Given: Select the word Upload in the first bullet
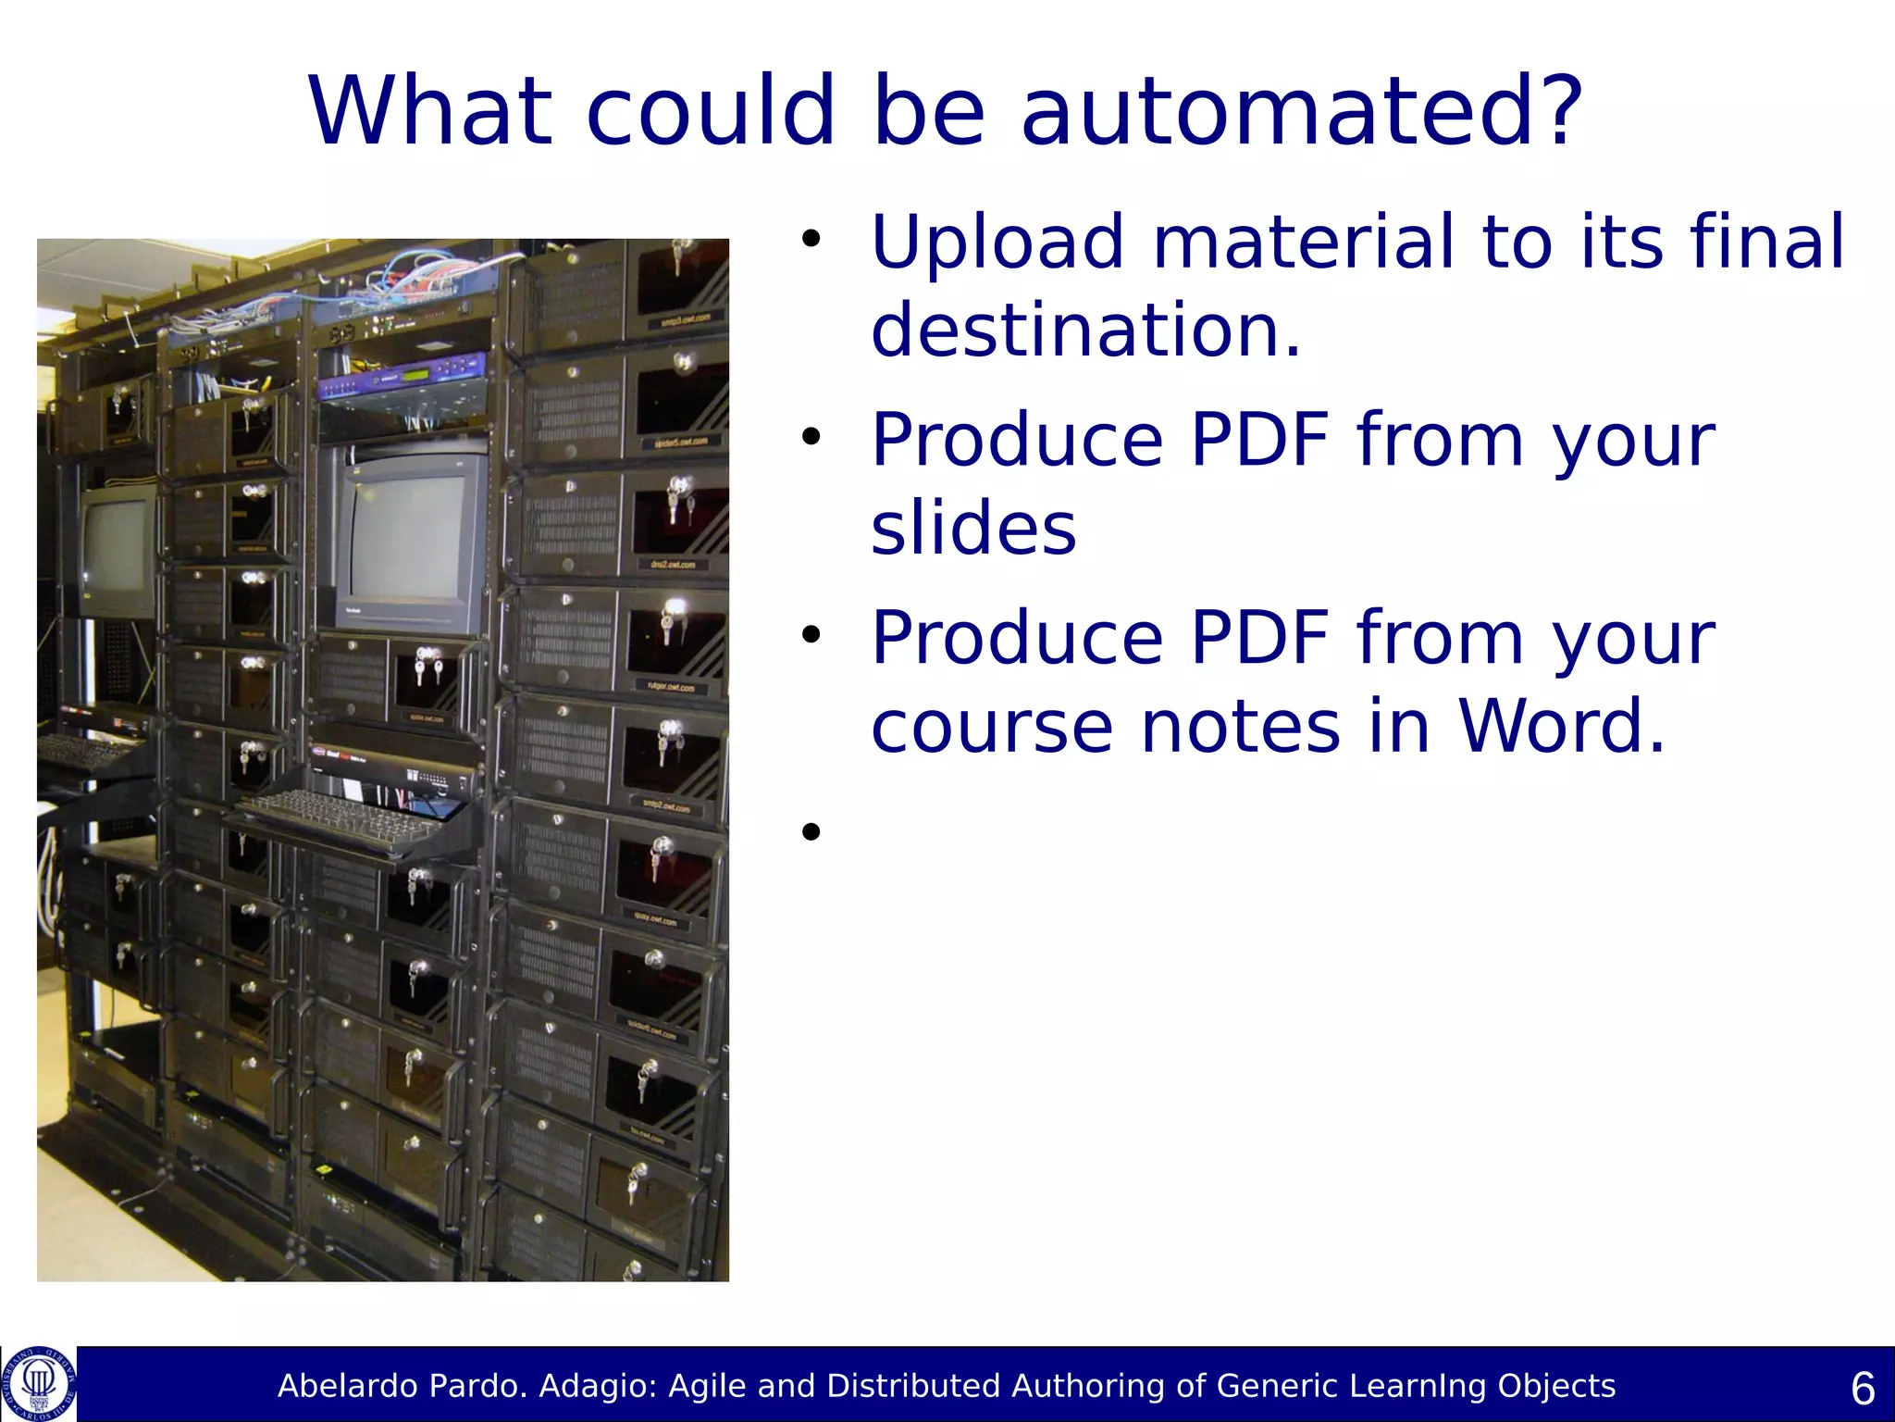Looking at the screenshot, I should [x=997, y=243].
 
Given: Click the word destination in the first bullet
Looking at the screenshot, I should [x=1084, y=331].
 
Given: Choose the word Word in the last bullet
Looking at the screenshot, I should [x=1560, y=726].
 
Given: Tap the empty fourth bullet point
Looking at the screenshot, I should [x=811, y=831].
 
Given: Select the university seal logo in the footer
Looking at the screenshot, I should [x=39, y=1384].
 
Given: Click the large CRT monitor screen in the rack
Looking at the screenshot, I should [x=405, y=537].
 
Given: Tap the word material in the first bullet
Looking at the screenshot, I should [x=1303, y=243].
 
